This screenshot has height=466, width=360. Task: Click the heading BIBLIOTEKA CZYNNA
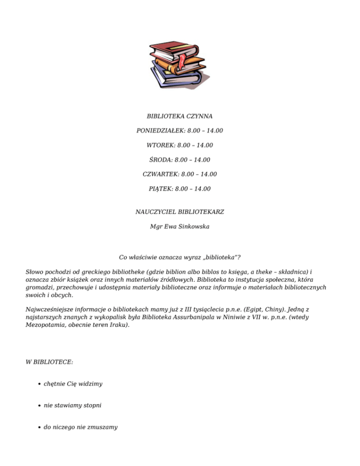click(x=180, y=115)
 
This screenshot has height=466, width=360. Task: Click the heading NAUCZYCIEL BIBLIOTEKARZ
click(x=180, y=212)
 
